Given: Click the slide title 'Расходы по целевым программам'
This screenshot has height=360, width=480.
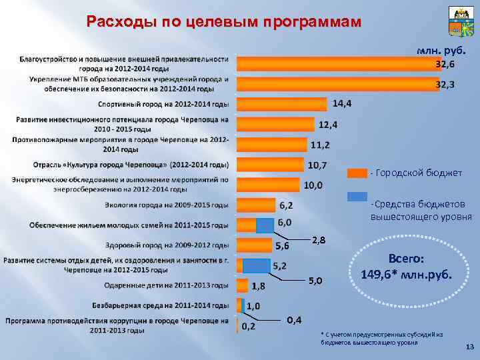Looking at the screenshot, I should click(224, 21).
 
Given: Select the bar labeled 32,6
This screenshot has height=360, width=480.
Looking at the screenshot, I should click(333, 63).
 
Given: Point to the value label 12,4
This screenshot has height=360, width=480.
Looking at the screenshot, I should click(327, 125).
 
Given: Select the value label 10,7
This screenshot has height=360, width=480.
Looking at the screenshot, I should click(317, 165).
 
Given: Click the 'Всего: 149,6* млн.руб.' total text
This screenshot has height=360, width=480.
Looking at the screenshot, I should click(405, 267).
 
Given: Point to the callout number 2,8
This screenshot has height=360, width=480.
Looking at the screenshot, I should click(319, 239).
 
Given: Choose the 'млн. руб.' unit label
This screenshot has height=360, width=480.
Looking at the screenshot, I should click(439, 51).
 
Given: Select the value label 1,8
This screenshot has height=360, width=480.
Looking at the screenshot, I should click(259, 287).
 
